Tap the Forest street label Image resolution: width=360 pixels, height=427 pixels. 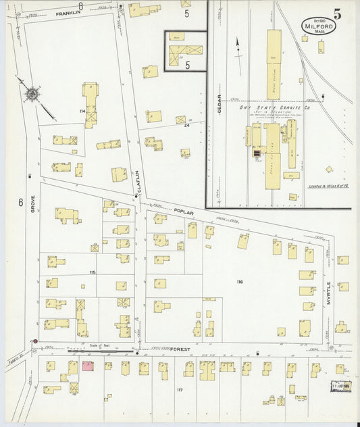point(180,350)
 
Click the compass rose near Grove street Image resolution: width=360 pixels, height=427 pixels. point(34,95)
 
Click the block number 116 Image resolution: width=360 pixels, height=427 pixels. point(238,280)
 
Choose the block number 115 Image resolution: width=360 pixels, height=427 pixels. point(92,272)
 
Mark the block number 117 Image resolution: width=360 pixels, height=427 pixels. point(180,391)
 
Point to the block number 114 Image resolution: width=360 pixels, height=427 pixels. point(82,111)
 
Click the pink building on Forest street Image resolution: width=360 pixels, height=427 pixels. point(88,366)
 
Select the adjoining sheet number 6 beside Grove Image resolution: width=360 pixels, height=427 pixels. point(21,202)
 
